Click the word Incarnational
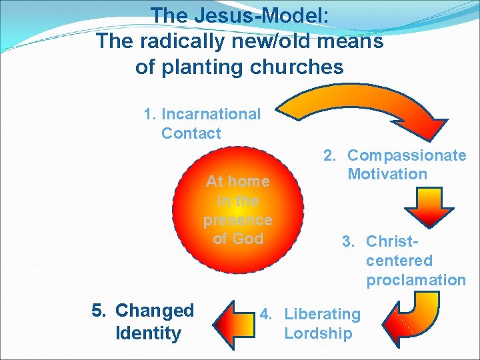211,114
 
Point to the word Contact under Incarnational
191,133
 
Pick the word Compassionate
407,155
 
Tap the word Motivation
387,175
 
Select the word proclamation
416,280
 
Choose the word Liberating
322,314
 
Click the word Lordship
318,333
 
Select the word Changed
155,311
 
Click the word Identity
148,333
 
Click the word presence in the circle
237,219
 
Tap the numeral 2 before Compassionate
329,155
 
